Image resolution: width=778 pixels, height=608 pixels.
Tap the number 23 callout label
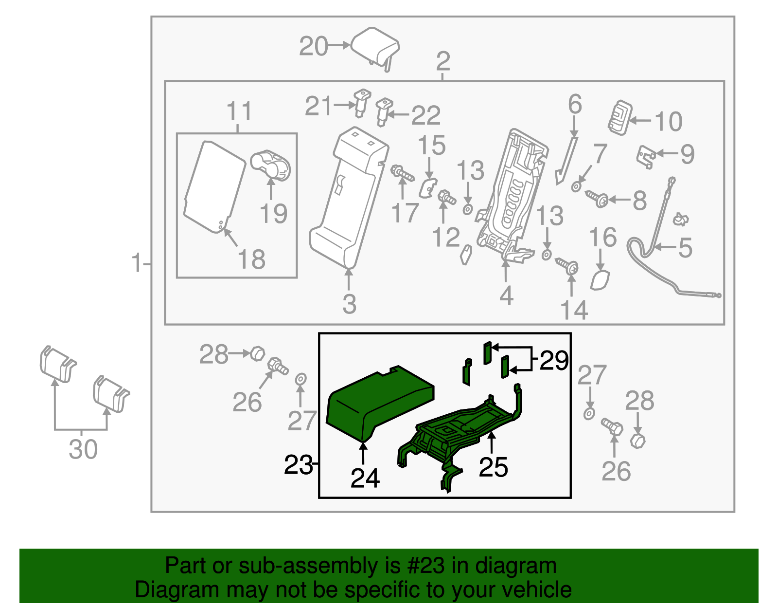click(x=298, y=465)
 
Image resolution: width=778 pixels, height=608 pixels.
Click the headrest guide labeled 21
click(x=362, y=102)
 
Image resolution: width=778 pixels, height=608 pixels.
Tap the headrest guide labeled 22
click(x=384, y=111)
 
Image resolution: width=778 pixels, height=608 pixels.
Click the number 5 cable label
click(x=685, y=248)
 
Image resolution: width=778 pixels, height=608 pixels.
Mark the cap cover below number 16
click(x=600, y=281)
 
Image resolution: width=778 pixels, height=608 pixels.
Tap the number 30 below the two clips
click(x=83, y=449)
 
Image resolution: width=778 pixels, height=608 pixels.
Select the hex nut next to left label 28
click(x=257, y=353)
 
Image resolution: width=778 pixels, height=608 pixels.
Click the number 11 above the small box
click(x=239, y=111)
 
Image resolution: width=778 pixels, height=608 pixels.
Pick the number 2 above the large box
click(x=442, y=61)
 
